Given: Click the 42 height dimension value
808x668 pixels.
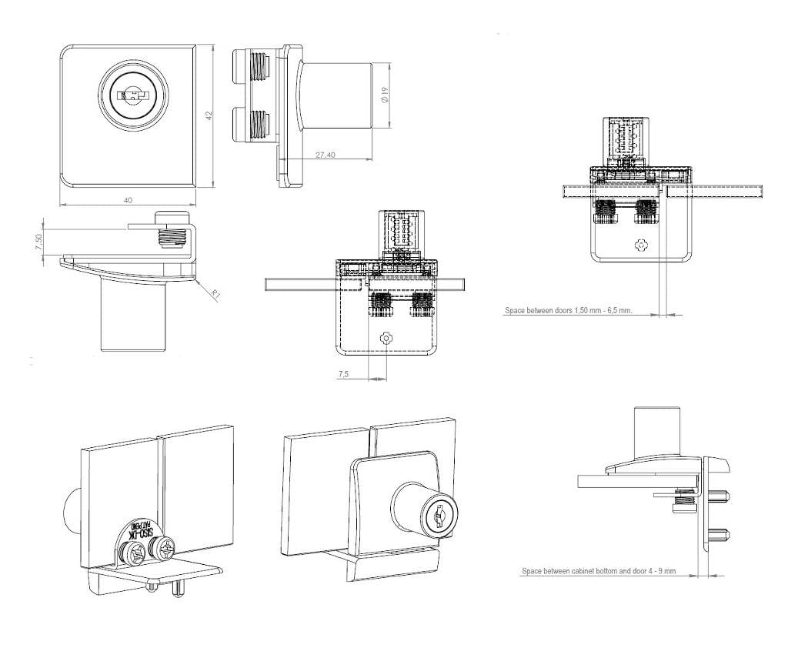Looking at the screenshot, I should pyautogui.click(x=208, y=115).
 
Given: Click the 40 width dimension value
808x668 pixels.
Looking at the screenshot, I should pyautogui.click(x=128, y=200).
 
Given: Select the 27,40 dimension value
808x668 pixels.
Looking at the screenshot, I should pyautogui.click(x=326, y=155).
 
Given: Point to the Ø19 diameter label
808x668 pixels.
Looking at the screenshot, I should pyautogui.click(x=385, y=95).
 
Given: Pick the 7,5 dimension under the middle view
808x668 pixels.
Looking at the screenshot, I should pyautogui.click(x=343, y=374).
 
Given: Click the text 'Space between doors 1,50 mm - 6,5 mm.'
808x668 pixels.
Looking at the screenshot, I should pyautogui.click(x=568, y=311).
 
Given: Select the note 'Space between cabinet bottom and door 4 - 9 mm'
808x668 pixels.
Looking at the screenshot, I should pyautogui.click(x=599, y=571).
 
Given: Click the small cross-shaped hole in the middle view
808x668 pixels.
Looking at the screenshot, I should pyautogui.click(x=386, y=339).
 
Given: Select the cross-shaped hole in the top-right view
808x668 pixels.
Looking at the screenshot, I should pyautogui.click(x=643, y=245).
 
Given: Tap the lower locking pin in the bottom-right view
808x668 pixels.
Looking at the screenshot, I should pyautogui.click(x=720, y=533).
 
